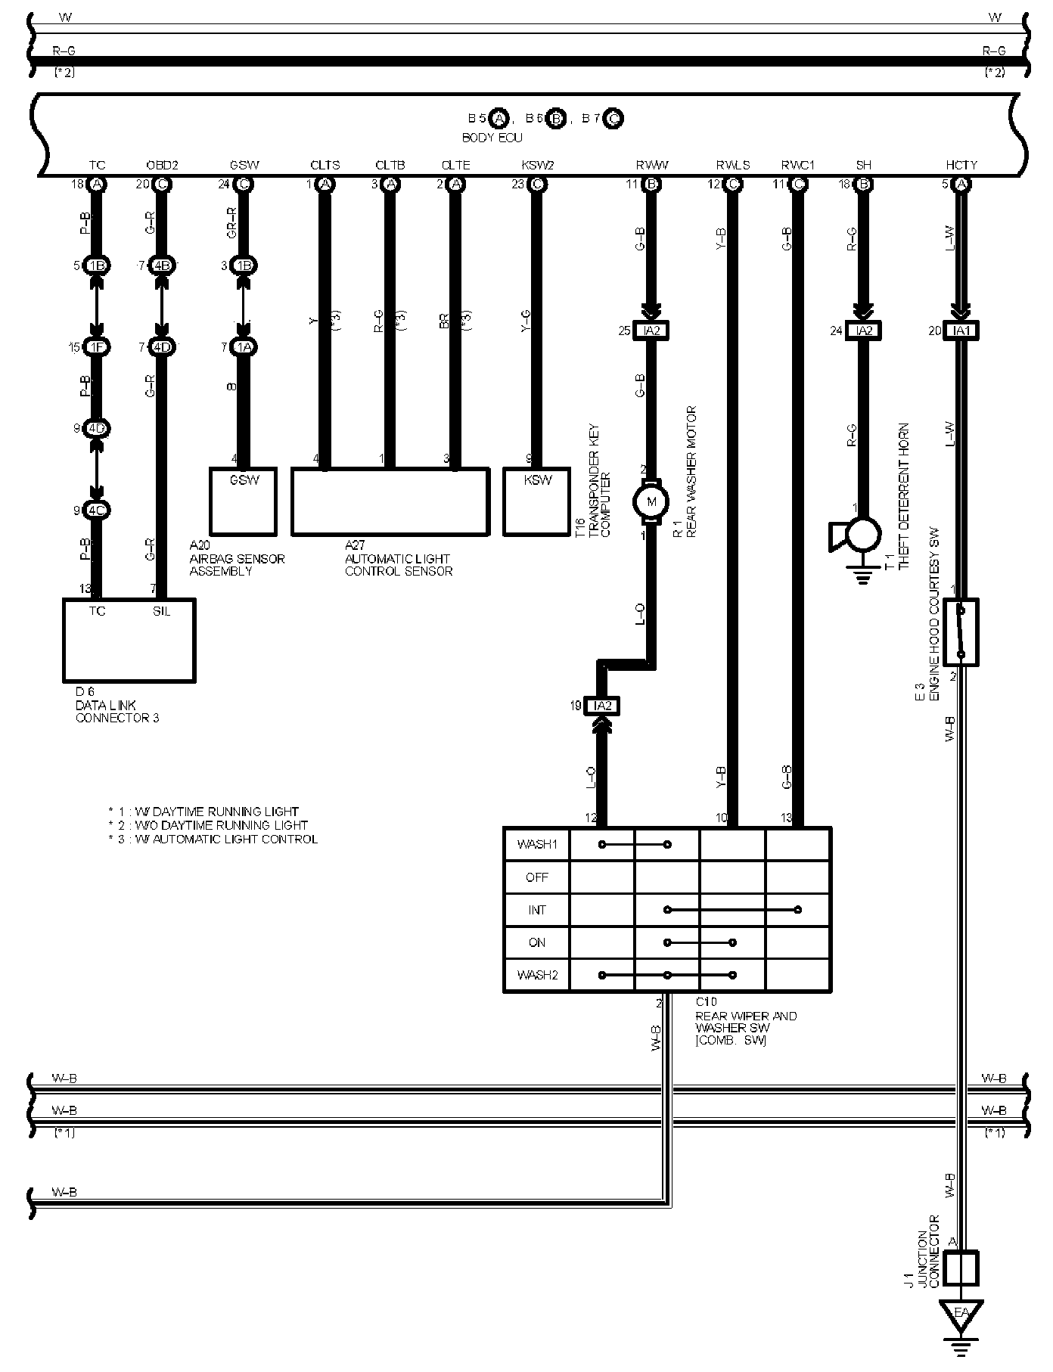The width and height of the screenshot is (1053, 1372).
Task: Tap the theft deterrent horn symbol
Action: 857,535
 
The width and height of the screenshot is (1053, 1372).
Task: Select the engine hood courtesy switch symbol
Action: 961,632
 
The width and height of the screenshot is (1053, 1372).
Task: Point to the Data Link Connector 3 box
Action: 129,640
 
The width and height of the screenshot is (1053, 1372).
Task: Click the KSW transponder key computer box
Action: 538,501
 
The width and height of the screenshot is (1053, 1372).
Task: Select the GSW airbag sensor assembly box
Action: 243,501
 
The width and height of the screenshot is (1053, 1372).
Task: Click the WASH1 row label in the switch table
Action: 536,844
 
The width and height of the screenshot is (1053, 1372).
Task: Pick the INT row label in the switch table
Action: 536,910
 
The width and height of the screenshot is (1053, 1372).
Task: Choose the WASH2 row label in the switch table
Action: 536,975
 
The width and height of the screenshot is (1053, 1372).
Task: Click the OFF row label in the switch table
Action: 536,877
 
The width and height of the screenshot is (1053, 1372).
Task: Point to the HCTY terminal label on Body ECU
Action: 961,165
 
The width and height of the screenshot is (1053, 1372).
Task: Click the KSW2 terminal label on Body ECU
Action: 537,165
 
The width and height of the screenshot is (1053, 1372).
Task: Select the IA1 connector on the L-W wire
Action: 961,331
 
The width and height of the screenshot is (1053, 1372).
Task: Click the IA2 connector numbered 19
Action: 602,706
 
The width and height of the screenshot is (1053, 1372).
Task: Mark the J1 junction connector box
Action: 961,1268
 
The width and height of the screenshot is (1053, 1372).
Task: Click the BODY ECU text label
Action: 492,138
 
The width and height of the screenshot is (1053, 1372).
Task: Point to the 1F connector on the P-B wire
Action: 96,347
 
